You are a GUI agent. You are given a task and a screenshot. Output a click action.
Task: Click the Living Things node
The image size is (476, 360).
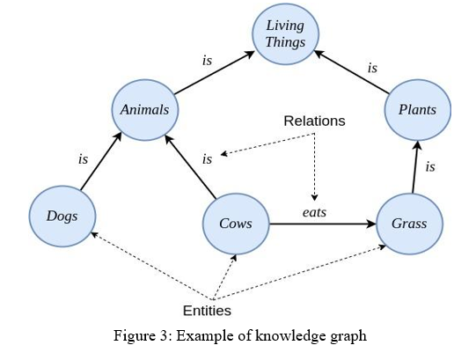point(285,34)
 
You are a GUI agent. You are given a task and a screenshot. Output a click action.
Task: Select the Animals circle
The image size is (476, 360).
point(145,110)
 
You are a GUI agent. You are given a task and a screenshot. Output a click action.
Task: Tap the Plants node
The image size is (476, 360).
point(417,110)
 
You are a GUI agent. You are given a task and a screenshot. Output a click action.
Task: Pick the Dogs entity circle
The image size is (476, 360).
point(62,217)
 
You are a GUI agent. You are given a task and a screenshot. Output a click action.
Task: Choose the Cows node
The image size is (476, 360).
point(236,224)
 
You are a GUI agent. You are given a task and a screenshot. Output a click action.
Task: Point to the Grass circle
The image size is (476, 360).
point(409,224)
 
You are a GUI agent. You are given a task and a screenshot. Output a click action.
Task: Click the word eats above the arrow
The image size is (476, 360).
point(314,212)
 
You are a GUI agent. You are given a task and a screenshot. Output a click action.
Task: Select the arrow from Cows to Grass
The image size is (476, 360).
point(323,224)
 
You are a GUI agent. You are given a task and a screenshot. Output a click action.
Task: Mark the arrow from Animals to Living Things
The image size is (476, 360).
point(215,72)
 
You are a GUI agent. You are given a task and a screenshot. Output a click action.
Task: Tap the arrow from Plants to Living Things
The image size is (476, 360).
point(352,72)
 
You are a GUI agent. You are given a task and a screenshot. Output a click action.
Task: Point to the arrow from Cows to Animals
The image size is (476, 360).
point(190,167)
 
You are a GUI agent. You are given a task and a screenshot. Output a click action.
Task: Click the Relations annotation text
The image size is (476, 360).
point(314,121)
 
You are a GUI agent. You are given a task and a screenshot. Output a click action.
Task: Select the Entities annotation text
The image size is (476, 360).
point(207,311)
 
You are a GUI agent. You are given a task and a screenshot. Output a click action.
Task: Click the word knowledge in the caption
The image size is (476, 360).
point(286,336)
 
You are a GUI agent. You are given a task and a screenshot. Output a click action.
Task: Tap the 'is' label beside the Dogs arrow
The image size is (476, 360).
point(83,159)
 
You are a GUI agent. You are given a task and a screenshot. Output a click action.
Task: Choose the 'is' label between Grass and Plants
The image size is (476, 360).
point(430,166)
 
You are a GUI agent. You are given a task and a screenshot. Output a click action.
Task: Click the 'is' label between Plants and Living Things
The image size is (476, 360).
point(372,68)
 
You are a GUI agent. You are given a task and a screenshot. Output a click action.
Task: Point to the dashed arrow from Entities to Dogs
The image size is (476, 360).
point(152,266)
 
